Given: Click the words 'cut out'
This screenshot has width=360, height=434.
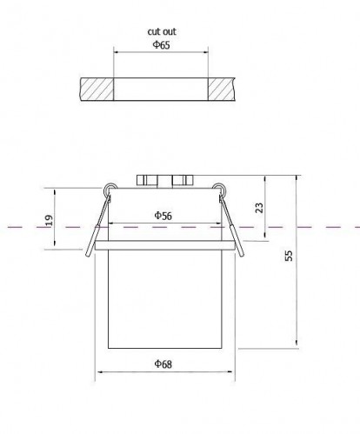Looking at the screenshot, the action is (x=162, y=31).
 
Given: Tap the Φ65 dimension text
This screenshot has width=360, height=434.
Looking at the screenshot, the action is (x=162, y=45).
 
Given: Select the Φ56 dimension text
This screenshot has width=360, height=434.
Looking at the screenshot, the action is (x=163, y=216).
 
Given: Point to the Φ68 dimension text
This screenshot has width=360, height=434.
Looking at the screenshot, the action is (x=163, y=364).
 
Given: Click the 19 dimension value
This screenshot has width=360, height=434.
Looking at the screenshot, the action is (x=49, y=220).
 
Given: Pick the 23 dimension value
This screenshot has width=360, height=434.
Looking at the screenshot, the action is (x=259, y=208).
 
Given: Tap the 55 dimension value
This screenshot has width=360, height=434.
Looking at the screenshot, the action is (x=289, y=256).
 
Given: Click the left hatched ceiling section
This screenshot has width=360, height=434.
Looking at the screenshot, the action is (x=97, y=90).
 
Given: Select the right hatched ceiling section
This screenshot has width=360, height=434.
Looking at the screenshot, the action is (x=221, y=90).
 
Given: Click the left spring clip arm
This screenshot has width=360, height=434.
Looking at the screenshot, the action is (x=97, y=226).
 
